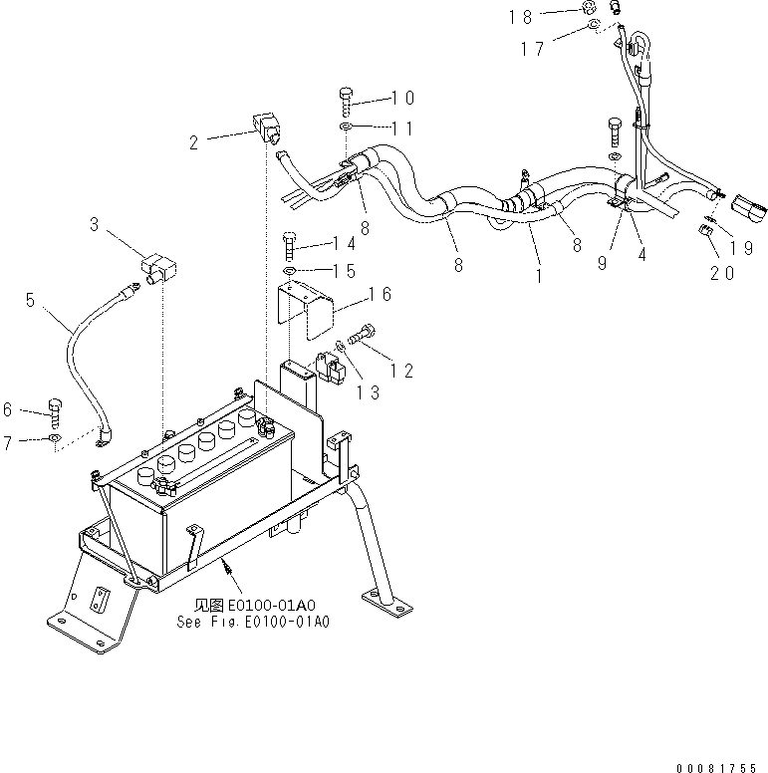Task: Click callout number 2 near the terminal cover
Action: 193,142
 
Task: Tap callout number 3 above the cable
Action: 94,226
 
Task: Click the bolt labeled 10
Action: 345,100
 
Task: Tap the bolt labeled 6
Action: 57,410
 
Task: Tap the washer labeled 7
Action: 55,437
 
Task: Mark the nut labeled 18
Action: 593,10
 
